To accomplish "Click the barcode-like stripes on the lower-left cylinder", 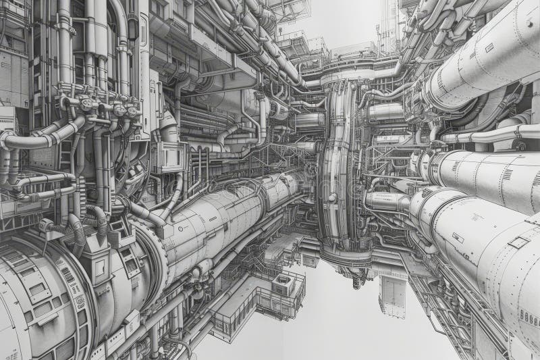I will (67, 277).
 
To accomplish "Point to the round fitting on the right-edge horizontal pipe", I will (520, 145).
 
